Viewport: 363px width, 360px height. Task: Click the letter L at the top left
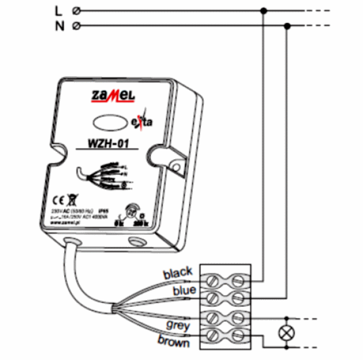(58, 10)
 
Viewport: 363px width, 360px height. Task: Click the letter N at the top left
(58, 26)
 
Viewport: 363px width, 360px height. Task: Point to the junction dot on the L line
(263, 10)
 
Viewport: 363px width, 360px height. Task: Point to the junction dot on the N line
(287, 26)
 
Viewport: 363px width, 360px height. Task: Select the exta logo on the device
(142, 123)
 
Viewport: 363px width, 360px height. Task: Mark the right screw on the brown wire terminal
(238, 335)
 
